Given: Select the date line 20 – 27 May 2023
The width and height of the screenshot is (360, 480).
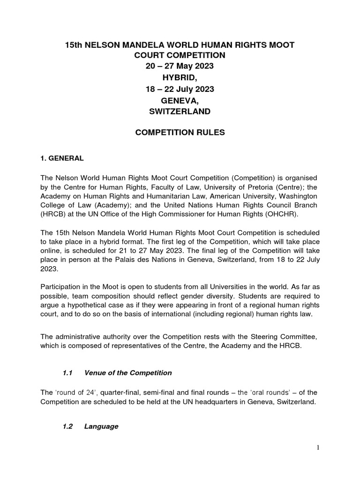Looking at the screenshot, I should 180,66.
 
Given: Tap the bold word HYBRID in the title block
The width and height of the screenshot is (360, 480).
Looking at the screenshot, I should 180,77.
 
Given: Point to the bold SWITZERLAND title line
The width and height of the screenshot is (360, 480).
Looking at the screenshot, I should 180,111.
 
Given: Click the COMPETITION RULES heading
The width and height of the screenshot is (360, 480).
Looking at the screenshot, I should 180,133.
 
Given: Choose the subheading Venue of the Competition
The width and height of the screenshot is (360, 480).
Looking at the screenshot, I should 128,373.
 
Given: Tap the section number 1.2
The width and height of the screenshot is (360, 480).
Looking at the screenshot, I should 68,427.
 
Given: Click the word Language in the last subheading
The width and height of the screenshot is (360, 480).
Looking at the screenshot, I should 101,427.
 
